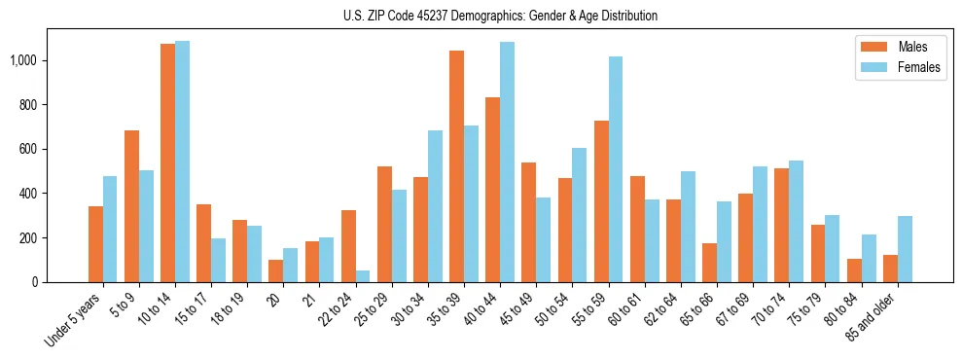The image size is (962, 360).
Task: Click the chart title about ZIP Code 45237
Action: [500, 16]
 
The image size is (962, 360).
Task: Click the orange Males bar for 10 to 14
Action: [167, 162]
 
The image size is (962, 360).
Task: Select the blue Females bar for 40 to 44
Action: [507, 162]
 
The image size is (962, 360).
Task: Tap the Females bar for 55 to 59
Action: [615, 169]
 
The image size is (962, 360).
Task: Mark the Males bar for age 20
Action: [275, 270]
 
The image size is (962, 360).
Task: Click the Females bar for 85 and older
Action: [904, 249]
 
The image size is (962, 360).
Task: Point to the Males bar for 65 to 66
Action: [708, 263]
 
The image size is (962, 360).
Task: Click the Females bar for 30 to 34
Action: [435, 206]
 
